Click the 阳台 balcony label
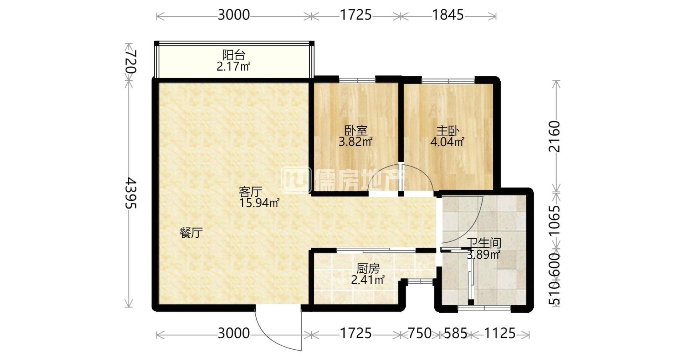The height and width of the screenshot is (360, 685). pos(234,55)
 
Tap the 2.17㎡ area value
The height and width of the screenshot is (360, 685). pos(234,66)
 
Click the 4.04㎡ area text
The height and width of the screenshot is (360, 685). pos(447,142)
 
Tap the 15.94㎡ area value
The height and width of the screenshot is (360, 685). pos(259,203)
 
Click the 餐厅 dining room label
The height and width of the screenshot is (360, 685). pos(191,233)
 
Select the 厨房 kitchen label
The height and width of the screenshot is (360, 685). pos(368,268)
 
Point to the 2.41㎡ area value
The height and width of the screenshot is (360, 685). pos(368,280)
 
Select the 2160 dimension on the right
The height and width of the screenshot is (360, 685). pos(554,137)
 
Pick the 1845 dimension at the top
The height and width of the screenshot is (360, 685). pos(448,15)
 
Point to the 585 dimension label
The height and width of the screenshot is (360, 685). pos(455,333)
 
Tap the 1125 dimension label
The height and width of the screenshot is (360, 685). pos(499,333)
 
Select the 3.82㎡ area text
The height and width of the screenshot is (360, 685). pos(356,142)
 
